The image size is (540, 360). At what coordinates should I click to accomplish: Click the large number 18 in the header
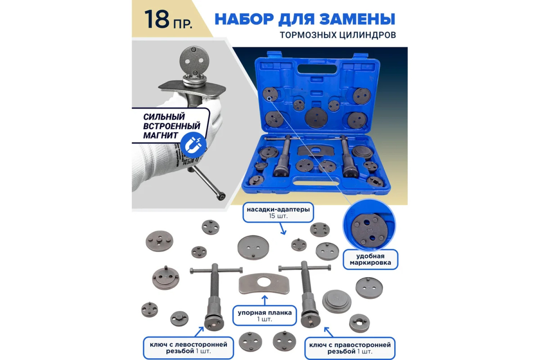point(157,19)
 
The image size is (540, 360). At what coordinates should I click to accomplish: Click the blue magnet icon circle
point(193,145)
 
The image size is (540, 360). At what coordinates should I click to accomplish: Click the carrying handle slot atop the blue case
point(317,69)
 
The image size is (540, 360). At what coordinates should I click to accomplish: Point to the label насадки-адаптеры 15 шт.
point(278,212)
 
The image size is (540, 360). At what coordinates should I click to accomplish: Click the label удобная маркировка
point(370,259)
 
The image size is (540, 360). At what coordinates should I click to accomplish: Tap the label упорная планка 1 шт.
point(265,316)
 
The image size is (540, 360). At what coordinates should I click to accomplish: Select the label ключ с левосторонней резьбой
point(189,348)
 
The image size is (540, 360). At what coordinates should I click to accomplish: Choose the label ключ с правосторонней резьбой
point(350,348)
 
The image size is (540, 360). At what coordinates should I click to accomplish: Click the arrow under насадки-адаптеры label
point(282,229)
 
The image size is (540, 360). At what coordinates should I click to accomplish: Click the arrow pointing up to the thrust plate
point(265,301)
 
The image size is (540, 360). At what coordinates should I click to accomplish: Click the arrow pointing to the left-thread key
point(199,332)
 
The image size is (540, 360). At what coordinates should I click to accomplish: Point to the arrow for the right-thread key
point(329,332)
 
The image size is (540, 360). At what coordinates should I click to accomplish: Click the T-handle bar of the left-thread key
point(216,270)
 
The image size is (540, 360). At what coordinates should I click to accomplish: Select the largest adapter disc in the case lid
point(316,118)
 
